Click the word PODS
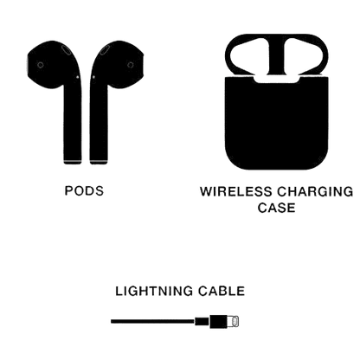click(84, 191)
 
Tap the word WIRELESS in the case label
click(236, 192)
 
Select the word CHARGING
click(315, 192)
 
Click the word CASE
click(276, 208)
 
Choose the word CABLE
click(222, 291)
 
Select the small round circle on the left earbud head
click(41, 65)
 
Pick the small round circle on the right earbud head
click(131, 65)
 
